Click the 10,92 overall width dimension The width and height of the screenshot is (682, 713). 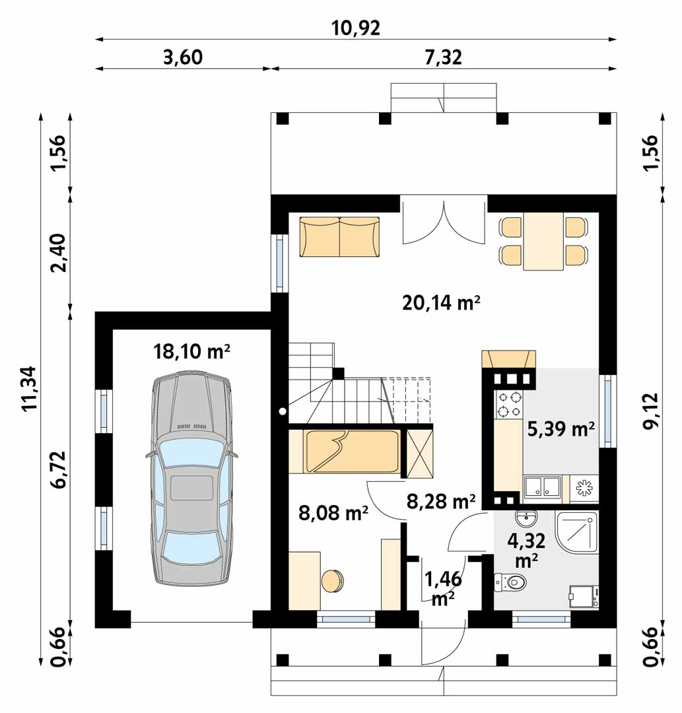pyautogui.click(x=356, y=28)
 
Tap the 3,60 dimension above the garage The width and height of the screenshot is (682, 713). pyautogui.click(x=183, y=57)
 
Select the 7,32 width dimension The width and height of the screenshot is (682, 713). pyautogui.click(x=443, y=57)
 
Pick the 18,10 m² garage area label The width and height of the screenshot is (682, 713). pyautogui.click(x=191, y=351)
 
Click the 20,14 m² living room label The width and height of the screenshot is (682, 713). pyautogui.click(x=441, y=302)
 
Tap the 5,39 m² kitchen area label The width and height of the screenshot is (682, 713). pyautogui.click(x=561, y=428)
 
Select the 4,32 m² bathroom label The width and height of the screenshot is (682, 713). pyautogui.click(x=526, y=550)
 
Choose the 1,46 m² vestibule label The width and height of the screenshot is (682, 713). pyautogui.click(x=443, y=590)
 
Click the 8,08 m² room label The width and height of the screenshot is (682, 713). pyautogui.click(x=333, y=513)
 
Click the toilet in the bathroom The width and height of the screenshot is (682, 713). pyautogui.click(x=510, y=582)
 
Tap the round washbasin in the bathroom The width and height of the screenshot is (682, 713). pyautogui.click(x=527, y=518)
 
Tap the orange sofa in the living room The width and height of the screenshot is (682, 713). pyautogui.click(x=339, y=237)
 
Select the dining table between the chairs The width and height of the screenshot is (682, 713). pyautogui.click(x=543, y=242)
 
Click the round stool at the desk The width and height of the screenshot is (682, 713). pyautogui.click(x=333, y=581)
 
